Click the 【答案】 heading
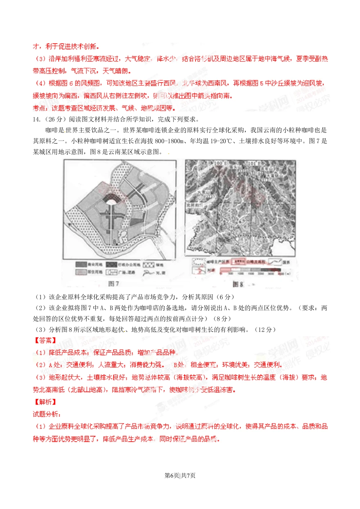45,340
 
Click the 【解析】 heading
45,402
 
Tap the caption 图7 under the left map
114,284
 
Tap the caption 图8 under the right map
238,284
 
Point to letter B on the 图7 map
114,242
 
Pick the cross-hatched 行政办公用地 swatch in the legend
112,265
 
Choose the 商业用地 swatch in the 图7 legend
81,265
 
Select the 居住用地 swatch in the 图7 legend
81,272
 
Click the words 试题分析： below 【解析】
47,414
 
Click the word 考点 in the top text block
39,108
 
